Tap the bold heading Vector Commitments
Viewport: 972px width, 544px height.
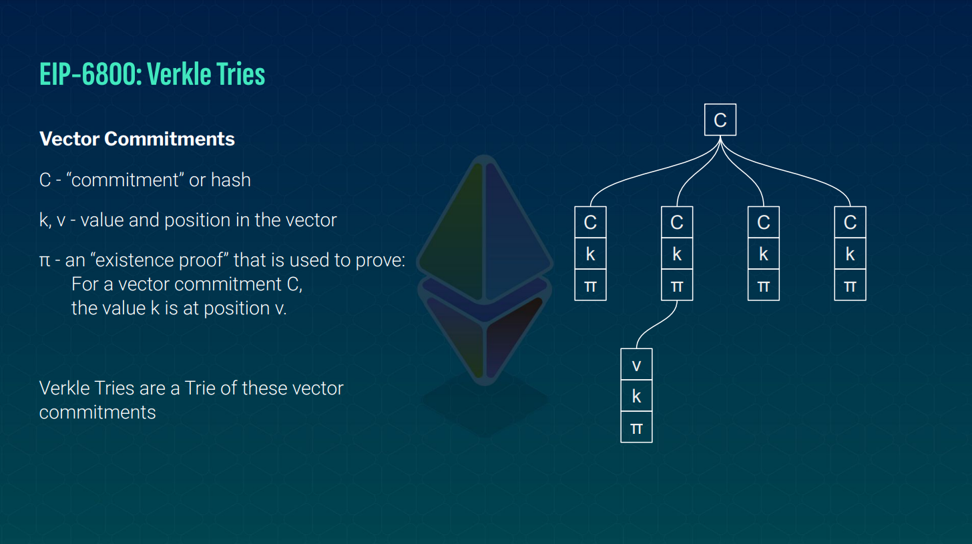137,139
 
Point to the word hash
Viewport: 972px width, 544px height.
230,180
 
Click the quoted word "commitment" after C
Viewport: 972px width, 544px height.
125,180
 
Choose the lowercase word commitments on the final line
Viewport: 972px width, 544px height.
97,412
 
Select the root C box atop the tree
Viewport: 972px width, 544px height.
720,120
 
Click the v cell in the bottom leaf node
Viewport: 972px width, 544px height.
636,364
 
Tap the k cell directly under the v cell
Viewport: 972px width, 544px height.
636,396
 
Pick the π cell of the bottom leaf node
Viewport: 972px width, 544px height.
636,427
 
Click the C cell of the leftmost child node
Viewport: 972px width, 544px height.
590,222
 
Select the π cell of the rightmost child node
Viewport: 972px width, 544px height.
850,286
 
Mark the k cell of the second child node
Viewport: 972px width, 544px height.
677,254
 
